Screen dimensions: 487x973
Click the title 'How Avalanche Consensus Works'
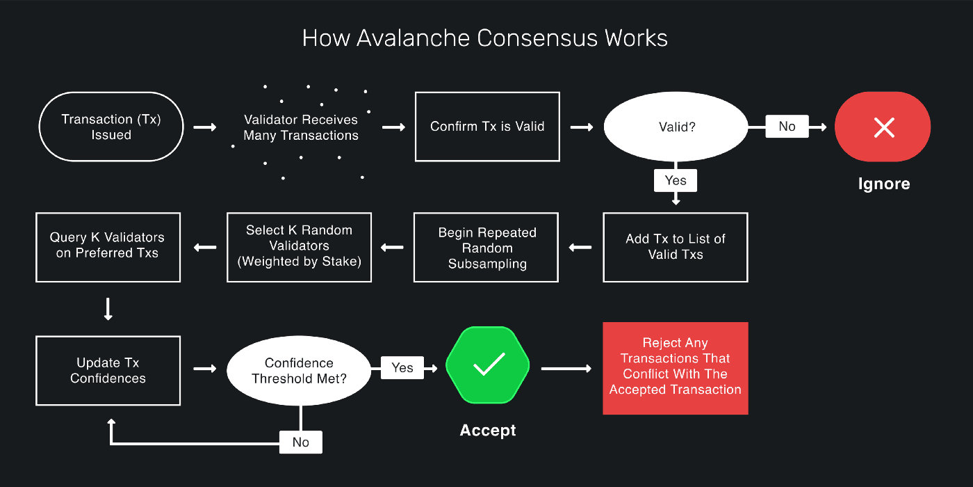pos(485,38)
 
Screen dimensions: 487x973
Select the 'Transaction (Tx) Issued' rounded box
pos(111,127)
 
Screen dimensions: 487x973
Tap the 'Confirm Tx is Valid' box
pos(487,127)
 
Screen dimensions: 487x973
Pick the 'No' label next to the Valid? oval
pos(787,127)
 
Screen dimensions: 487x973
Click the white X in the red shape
pos(883,127)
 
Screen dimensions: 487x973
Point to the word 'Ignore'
pos(883,184)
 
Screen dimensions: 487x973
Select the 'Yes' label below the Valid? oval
pos(676,180)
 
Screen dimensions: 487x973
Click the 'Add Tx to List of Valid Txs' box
pos(676,247)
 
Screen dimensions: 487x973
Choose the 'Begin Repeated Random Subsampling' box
pos(486,248)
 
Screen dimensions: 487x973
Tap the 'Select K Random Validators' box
pos(299,246)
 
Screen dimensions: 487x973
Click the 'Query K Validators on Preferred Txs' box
pos(108,246)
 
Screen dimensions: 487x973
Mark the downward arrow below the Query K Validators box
pos(108,309)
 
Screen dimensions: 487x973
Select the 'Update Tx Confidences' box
pos(108,370)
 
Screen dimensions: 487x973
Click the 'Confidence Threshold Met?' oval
pos(300,370)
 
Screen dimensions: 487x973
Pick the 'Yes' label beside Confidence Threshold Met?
pos(402,368)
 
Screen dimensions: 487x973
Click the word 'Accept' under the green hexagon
pos(488,431)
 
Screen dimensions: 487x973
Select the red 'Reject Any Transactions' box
pos(676,368)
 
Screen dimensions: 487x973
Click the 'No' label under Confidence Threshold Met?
pos(300,442)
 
